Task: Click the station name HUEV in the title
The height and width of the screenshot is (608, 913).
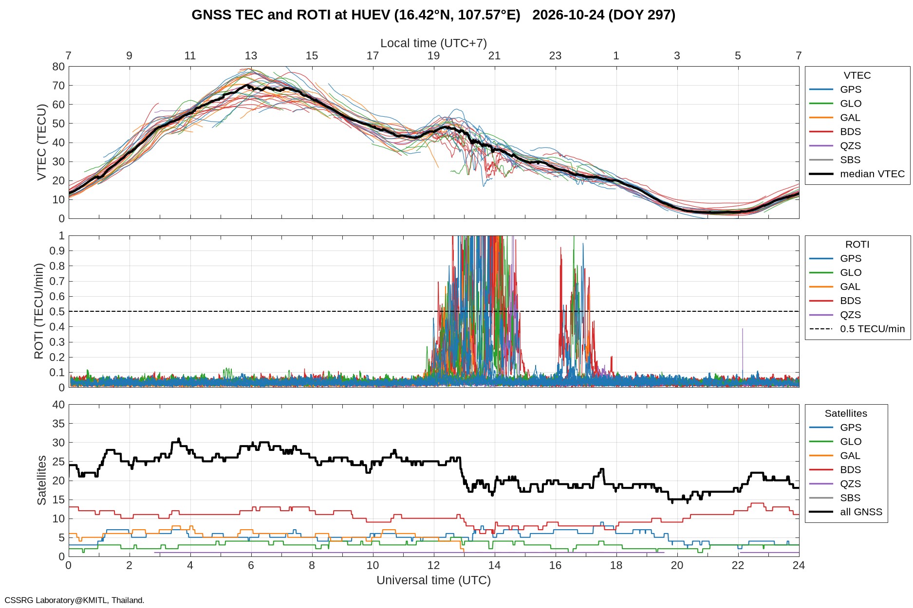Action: coord(371,15)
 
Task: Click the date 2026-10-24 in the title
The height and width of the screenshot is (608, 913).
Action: coord(568,15)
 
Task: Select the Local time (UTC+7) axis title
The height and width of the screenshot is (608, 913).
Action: coord(433,43)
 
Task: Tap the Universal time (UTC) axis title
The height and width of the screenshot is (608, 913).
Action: coord(433,580)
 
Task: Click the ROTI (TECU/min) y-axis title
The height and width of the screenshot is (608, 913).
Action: coord(39,311)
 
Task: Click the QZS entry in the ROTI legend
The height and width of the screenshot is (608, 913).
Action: coord(850,315)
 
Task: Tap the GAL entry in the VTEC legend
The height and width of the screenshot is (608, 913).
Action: coord(850,117)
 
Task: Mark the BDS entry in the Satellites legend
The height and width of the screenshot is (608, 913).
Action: coord(850,469)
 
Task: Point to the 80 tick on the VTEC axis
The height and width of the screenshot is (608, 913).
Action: coord(58,67)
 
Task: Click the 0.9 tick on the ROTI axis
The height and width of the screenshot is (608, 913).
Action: coord(57,251)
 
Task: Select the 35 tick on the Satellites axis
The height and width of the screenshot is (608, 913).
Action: coord(58,424)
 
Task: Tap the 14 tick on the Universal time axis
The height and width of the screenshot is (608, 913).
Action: coord(494,565)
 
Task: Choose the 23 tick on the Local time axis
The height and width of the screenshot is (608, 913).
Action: coord(555,55)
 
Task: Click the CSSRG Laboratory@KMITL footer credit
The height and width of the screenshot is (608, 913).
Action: coord(75,600)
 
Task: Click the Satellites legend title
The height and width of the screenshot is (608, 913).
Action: coord(846,413)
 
